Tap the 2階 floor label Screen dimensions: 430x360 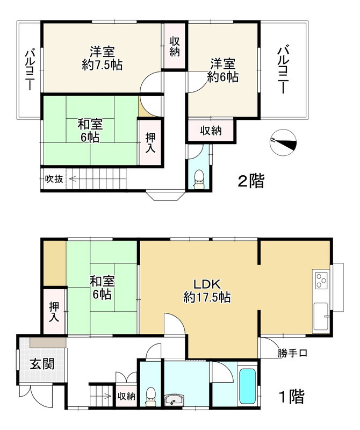251,182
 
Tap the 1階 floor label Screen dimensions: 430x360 291,397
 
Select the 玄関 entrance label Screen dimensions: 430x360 41,364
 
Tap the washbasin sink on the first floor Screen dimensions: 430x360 173,400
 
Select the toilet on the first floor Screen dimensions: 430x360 151,396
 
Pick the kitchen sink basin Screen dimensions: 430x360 321,314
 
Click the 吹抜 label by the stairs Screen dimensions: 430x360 54,179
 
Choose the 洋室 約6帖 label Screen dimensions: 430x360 223,70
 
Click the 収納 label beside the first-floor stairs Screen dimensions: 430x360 127,396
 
